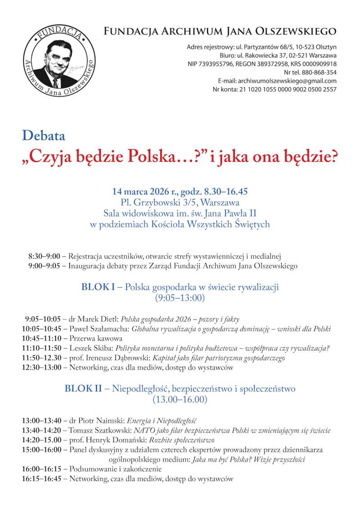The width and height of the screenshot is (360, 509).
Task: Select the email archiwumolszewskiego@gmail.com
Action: [x=287, y=81]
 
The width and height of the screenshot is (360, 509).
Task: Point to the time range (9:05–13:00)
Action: [x=180, y=298]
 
